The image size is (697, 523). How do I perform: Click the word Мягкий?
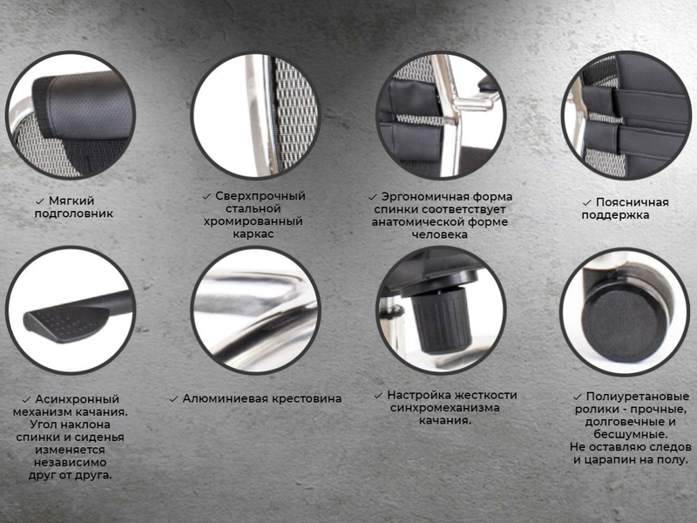point(71,201)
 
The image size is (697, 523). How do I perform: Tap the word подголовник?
point(74,214)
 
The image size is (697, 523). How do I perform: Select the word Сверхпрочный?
point(260,195)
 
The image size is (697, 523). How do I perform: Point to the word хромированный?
point(253,221)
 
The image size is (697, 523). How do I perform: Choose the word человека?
point(439,234)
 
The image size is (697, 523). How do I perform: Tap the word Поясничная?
point(633,202)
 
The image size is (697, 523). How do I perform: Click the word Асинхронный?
point(78,399)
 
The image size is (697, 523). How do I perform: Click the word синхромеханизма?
point(445,407)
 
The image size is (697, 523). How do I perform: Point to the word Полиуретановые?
point(638,397)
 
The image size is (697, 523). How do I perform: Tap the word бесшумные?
point(631,434)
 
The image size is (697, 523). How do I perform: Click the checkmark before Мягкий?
point(40,201)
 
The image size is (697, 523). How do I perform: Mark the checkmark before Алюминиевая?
point(173,399)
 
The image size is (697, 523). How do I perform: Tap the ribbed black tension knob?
point(442,318)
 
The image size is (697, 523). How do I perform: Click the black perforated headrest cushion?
point(85,105)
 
